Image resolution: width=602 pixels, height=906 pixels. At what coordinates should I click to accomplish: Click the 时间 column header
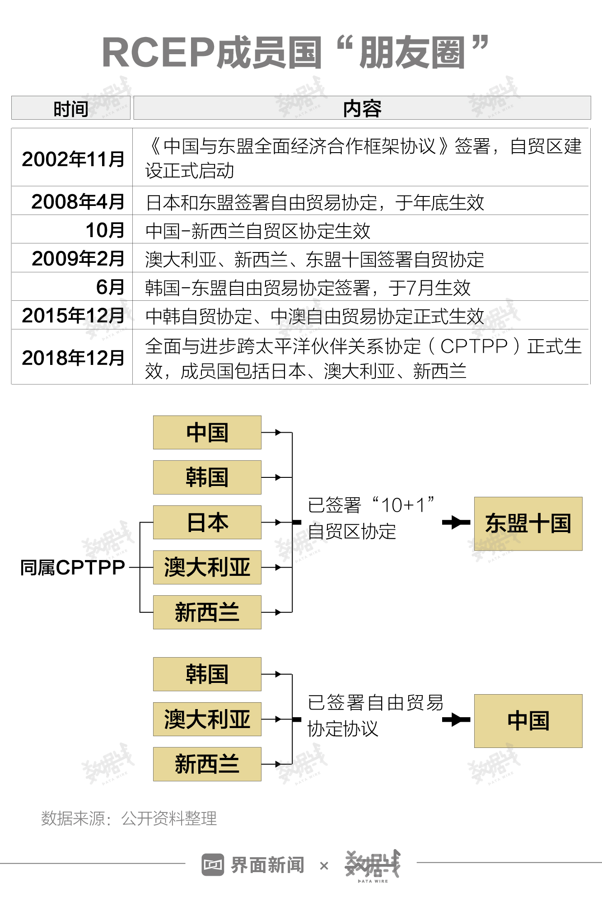pos(71,108)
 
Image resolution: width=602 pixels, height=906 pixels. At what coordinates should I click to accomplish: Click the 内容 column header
pos(362,108)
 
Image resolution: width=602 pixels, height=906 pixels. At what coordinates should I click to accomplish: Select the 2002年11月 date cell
pos(73,159)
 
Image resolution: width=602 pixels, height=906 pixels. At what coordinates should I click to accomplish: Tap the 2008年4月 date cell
pos(78,201)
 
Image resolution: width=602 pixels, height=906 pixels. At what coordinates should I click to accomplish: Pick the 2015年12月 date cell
pos(73,315)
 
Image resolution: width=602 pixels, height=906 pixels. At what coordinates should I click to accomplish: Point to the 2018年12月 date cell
pos(73,358)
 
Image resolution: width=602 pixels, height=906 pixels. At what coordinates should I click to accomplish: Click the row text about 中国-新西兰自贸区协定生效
pos(257,231)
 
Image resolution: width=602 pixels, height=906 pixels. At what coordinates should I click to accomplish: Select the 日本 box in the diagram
pos(207,522)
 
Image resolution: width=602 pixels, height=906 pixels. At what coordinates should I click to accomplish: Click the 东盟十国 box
pos(528,523)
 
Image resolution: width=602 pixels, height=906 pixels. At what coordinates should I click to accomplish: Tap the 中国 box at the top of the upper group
pos(207,432)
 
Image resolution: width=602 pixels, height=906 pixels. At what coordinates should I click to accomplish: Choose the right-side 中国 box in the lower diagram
pos(528,720)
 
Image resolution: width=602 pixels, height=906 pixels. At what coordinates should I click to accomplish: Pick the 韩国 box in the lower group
pos(207,674)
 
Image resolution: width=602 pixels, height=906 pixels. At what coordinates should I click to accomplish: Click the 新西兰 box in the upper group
pos(207,612)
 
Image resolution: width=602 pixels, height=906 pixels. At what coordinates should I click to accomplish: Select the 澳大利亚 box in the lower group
pos(207,719)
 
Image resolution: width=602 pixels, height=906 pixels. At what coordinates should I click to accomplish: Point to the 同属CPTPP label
pos(73,567)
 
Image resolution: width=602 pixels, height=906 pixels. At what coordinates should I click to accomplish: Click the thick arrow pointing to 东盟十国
pos(456,523)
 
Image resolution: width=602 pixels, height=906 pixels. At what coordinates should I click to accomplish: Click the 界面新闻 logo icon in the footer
pos(213,864)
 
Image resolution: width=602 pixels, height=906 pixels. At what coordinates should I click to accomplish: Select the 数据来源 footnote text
pos(129,818)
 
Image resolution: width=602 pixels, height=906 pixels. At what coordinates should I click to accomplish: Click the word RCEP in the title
pos(158,53)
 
